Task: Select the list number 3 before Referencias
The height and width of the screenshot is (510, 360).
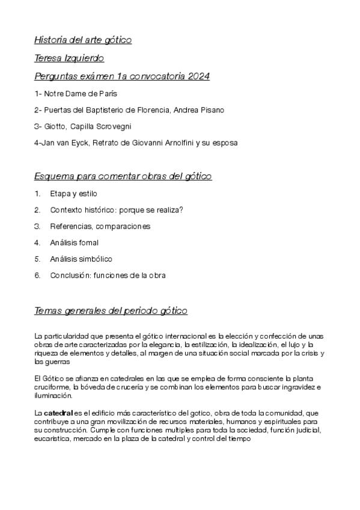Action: click(37, 226)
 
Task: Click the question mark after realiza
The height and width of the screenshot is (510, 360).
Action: click(181, 210)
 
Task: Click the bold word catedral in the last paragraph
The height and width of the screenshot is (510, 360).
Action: click(58, 414)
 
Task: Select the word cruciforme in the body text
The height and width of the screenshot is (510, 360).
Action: click(51, 387)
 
